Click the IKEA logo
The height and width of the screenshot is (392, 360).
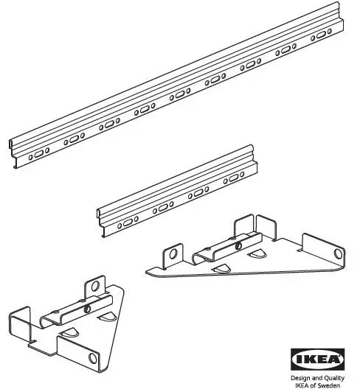(x=319, y=359)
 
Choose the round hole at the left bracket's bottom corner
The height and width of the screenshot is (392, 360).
(x=94, y=358)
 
